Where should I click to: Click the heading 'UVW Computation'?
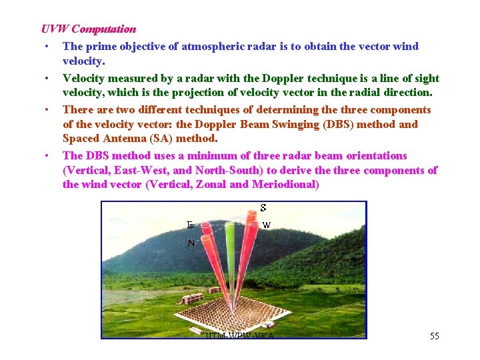[89, 29]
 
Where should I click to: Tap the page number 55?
[434, 335]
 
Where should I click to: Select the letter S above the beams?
[263, 207]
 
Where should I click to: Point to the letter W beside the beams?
[266, 225]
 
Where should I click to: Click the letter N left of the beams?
[191, 243]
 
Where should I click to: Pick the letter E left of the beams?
[189, 225]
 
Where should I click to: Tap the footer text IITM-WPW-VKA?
[240, 335]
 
